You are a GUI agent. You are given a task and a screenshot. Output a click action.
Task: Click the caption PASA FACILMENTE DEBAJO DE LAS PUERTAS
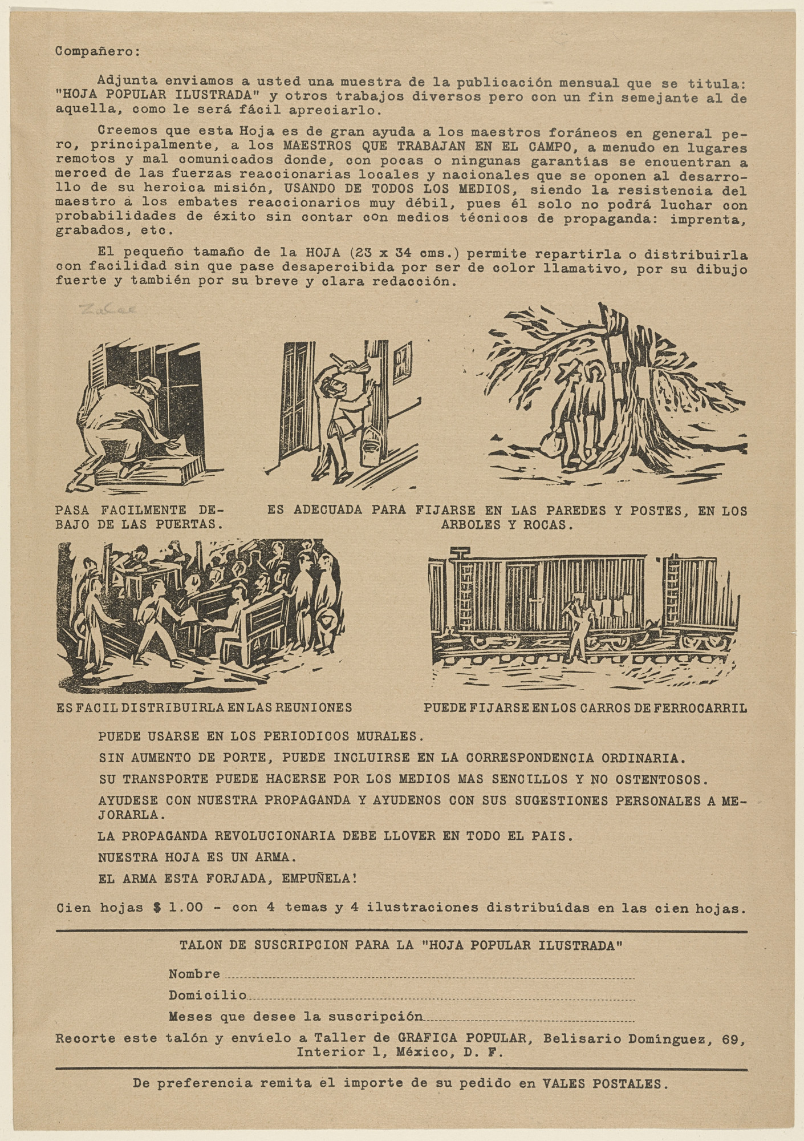(140, 516)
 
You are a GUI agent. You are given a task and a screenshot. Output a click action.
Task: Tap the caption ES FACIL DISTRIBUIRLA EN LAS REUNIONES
(204, 707)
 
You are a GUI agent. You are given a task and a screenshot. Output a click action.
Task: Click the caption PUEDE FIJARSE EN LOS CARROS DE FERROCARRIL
(586, 708)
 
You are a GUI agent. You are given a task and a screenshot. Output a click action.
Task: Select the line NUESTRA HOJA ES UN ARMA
(197, 857)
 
